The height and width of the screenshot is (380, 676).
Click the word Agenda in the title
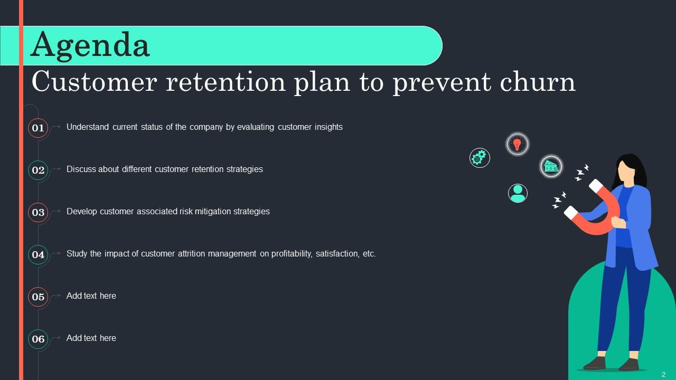tap(90, 45)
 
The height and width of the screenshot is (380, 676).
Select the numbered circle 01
tap(38, 128)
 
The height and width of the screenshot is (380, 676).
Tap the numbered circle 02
tap(38, 170)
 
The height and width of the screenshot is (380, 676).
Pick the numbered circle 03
tap(38, 212)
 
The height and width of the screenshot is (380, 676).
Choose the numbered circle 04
tap(38, 254)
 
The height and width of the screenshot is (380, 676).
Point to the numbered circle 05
tap(38, 297)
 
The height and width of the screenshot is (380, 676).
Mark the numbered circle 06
tap(38, 339)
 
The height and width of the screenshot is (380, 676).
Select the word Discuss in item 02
tap(81, 169)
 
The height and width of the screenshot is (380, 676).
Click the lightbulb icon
tap(518, 144)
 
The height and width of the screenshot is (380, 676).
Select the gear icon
tap(480, 157)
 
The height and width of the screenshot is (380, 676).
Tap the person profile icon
tap(518, 193)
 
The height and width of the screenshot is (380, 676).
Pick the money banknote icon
tap(551, 166)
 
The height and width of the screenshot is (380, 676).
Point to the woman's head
tap(628, 169)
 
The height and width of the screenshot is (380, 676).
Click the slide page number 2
tap(663, 374)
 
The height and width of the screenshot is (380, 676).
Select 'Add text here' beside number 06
tap(91, 338)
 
